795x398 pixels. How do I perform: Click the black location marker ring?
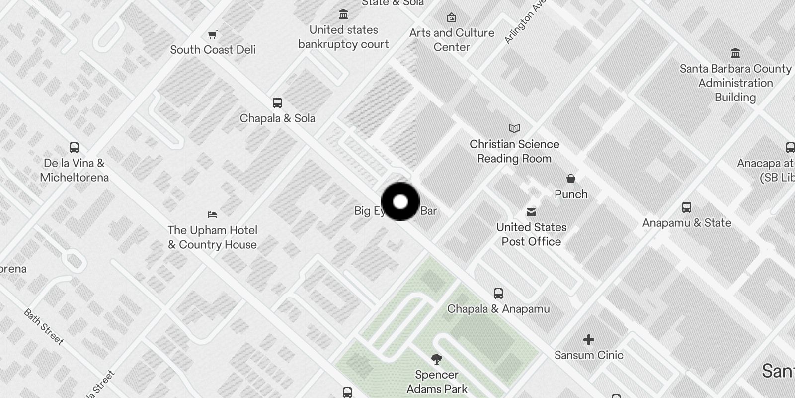pos(400,201)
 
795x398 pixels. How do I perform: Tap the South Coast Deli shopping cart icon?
pos(213,35)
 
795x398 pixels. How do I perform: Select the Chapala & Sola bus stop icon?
pos(277,103)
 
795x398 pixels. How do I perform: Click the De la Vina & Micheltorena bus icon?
pos(74,148)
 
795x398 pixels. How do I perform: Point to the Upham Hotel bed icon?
pos(212,215)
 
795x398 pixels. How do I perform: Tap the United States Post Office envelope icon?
pos(531,212)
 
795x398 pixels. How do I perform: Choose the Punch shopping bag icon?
pos(571,179)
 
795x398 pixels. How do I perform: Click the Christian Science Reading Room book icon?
pos(514,129)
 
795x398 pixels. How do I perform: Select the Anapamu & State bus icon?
pos(687,207)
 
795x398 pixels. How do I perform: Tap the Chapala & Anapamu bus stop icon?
pos(498,294)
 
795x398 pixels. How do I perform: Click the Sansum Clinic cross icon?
pos(589,340)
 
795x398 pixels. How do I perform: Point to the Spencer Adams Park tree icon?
pos(437,359)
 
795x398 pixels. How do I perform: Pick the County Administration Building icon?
pos(735,53)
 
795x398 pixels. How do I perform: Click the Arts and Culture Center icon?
pos(452,18)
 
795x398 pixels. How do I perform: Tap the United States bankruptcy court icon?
pos(343,14)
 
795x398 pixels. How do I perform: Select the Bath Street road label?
pos(44,327)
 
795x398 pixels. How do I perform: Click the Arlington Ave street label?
pos(525,22)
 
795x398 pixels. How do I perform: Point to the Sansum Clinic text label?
pos(589,355)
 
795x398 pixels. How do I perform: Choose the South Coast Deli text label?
pos(213,50)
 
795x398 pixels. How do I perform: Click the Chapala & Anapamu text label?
pos(498,309)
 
